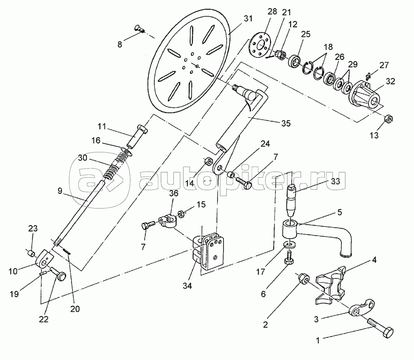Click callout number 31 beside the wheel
248,18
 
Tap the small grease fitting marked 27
368,76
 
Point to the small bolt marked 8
139,28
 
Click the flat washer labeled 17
290,244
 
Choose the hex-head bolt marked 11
137,136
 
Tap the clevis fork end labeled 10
44,259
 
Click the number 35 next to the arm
286,123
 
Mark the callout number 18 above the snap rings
328,47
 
